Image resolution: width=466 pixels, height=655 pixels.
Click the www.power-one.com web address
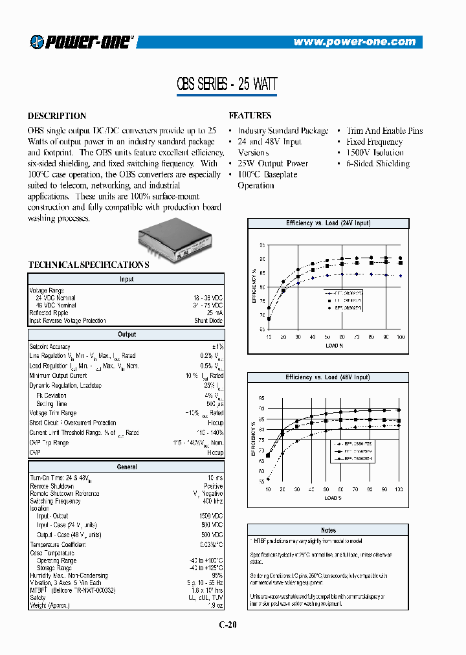(x=354, y=42)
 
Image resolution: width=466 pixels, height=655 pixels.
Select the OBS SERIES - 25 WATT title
(x=227, y=84)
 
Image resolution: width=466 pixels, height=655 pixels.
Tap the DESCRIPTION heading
(x=57, y=116)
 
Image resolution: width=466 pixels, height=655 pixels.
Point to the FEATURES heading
(x=250, y=116)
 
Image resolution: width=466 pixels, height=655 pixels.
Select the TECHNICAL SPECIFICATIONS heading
(x=89, y=265)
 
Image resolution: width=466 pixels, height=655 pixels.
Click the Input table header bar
(x=127, y=279)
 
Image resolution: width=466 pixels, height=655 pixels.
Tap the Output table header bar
(x=127, y=335)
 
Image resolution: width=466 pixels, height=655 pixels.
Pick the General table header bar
(x=127, y=467)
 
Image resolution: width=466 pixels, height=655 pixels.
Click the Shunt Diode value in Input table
(x=209, y=320)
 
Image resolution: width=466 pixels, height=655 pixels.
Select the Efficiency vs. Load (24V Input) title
(x=328, y=223)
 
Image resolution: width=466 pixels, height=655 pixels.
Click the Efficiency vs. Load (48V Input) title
(x=328, y=377)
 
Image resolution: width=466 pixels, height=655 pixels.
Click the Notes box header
(x=328, y=530)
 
